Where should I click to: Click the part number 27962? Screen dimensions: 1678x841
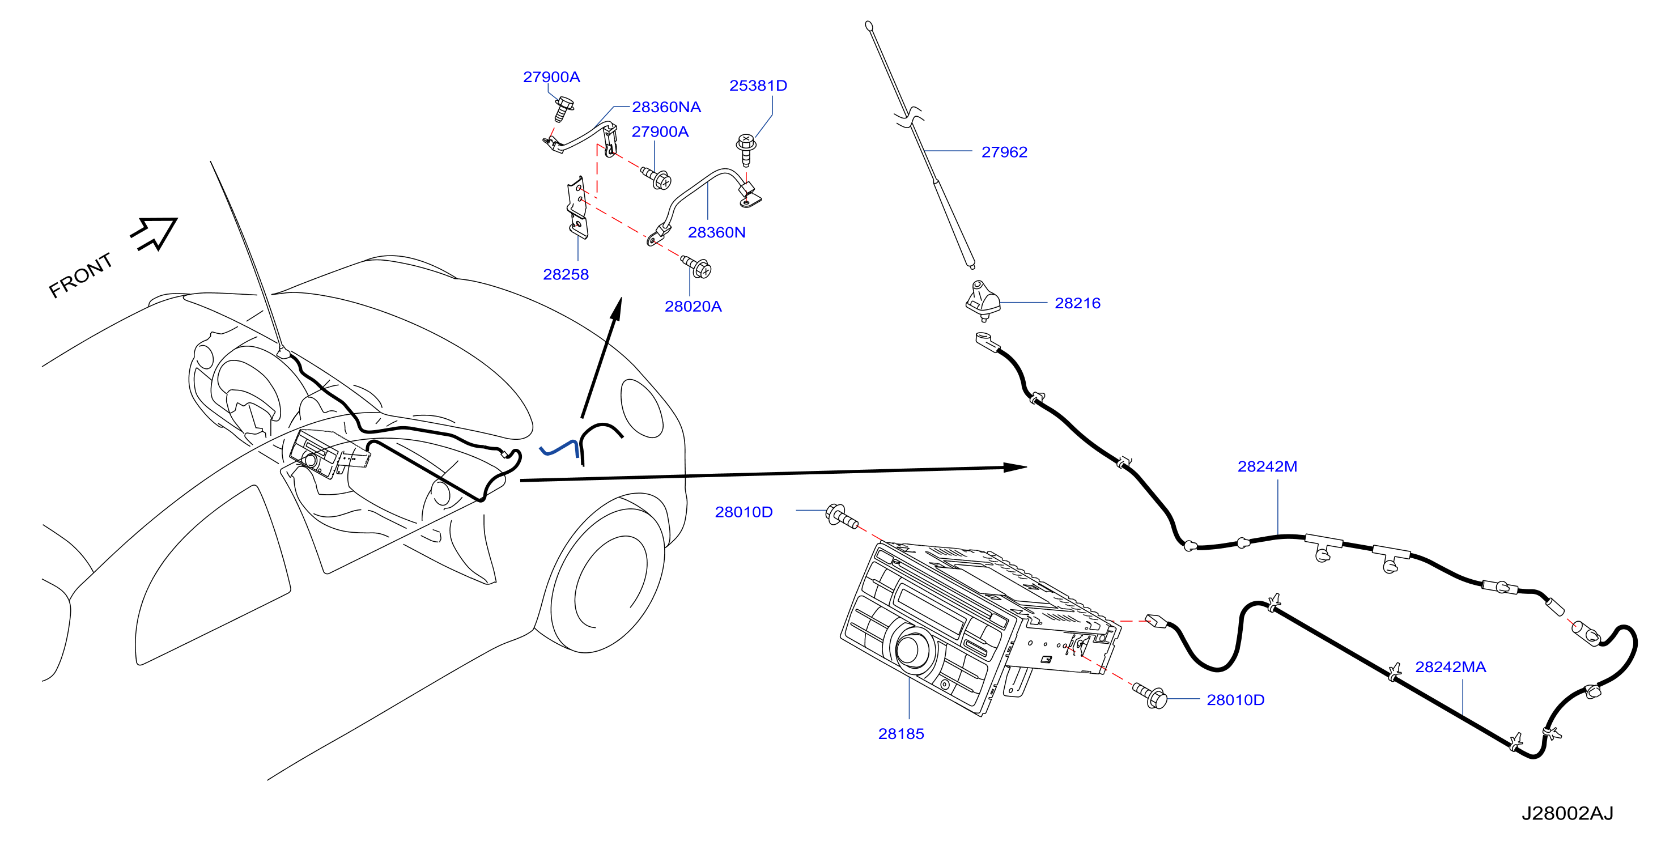tap(1004, 152)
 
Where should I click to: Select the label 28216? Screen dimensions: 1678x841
tap(1077, 303)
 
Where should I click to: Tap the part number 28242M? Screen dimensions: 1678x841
tap(1267, 466)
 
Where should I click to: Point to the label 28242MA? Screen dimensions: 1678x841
tap(1450, 667)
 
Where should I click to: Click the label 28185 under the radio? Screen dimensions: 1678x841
tap(901, 733)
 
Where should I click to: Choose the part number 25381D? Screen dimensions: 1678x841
tap(758, 86)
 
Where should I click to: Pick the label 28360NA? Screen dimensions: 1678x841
tap(666, 107)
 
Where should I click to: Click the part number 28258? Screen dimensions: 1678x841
tap(566, 274)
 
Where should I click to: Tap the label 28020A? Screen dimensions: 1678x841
tap(693, 306)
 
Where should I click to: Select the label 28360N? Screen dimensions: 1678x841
tap(716, 232)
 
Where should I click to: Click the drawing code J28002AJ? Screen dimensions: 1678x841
tap(1567, 813)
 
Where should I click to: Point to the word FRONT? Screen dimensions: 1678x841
tap(81, 275)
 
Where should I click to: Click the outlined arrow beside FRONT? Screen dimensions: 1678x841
tap(154, 233)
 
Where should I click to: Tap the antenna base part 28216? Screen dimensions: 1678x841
tap(983, 300)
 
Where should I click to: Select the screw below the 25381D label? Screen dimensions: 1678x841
tap(746, 150)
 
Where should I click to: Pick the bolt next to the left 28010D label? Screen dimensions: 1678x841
tap(842, 517)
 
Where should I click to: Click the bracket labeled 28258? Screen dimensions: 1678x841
tap(576, 207)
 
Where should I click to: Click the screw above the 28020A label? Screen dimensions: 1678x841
tap(696, 266)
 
